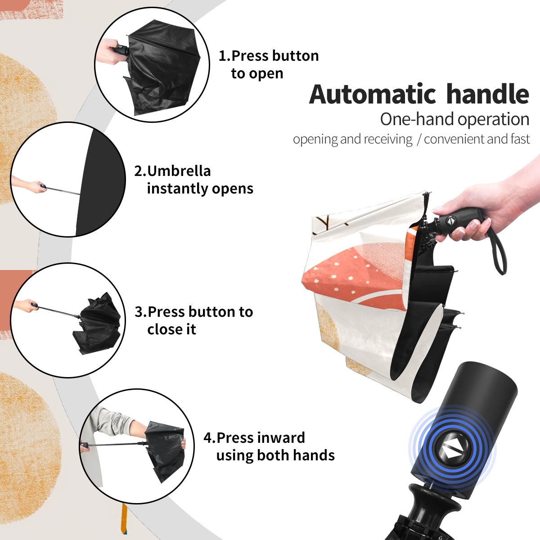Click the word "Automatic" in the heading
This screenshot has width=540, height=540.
point(373,94)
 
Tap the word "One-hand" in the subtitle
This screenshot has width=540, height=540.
point(417,119)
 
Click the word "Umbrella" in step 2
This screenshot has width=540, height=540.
point(179,171)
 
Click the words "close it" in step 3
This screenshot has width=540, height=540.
point(171,329)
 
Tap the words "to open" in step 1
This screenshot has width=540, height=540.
point(257,74)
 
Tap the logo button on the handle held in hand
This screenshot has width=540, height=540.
point(450,220)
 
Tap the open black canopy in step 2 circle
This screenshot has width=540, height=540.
point(100,182)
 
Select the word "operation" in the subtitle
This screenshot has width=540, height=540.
point(494,120)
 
